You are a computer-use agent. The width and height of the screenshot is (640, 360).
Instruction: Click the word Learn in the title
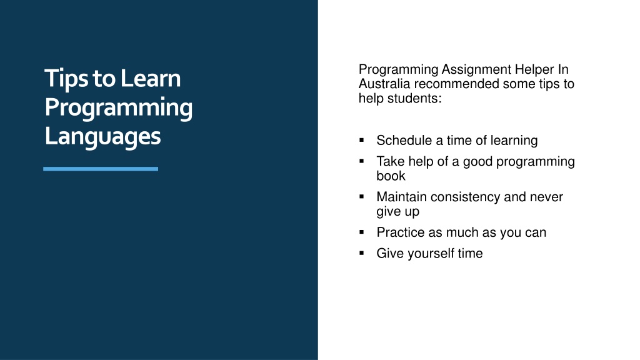pyautogui.click(x=151, y=78)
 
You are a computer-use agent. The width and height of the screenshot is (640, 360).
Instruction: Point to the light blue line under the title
pyautogui.click(x=101, y=169)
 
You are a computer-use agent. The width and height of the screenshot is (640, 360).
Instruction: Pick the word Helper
pyautogui.click(x=534, y=69)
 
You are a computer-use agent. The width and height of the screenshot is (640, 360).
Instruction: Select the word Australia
pyautogui.click(x=384, y=84)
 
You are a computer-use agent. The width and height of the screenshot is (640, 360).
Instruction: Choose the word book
pyautogui.click(x=391, y=176)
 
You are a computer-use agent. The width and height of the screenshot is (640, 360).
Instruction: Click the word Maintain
pyautogui.click(x=402, y=197)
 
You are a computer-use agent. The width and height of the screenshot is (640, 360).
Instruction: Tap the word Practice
pyautogui.click(x=401, y=232)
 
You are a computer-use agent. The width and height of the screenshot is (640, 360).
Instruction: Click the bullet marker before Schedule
pyautogui.click(x=362, y=141)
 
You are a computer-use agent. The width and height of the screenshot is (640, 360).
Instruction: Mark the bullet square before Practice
pyautogui.click(x=362, y=232)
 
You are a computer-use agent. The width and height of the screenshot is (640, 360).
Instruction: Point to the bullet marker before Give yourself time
pyautogui.click(x=362, y=253)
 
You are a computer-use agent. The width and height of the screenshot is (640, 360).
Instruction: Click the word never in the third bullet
pyautogui.click(x=546, y=197)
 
